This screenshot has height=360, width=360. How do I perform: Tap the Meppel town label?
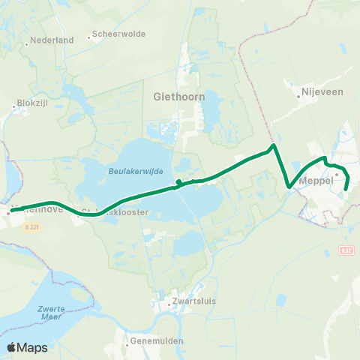315,181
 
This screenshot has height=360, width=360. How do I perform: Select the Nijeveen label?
322,91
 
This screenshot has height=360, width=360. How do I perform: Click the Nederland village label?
52,40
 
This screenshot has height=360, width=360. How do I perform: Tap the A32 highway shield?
345,250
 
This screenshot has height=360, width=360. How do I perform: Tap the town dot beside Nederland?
27,44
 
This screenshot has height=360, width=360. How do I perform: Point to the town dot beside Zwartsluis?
169,304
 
